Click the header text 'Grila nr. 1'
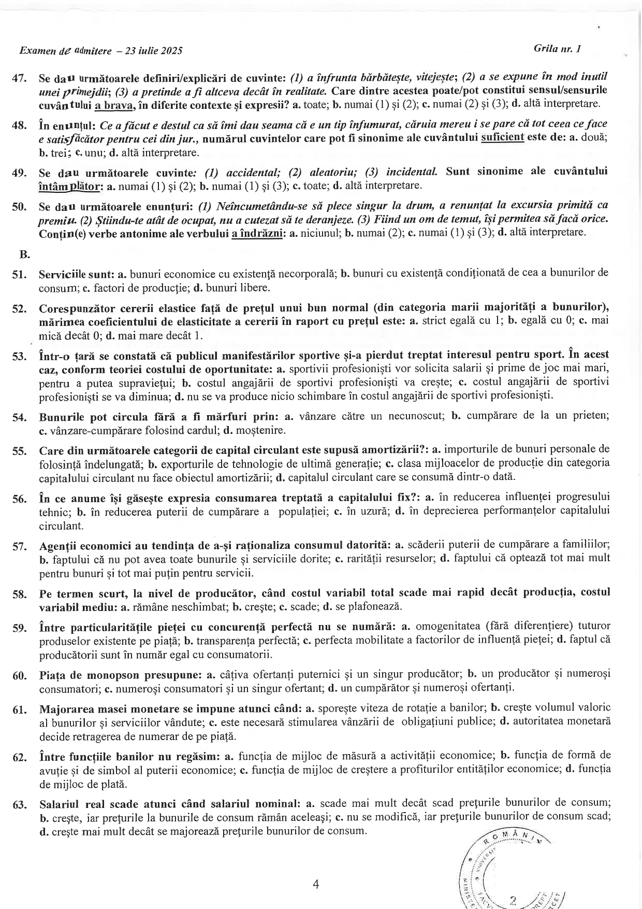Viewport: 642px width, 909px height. coord(557,49)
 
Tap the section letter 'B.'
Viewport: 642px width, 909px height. coord(24,255)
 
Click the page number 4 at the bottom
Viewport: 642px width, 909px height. coord(316,884)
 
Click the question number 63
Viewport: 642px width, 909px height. coord(19,805)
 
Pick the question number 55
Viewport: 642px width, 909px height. coord(19,451)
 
